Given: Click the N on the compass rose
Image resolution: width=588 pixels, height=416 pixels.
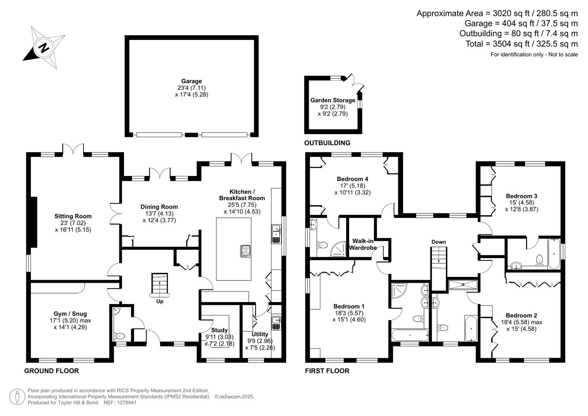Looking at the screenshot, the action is click(x=44, y=48).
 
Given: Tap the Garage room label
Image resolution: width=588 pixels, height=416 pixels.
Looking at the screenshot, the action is click(x=191, y=81).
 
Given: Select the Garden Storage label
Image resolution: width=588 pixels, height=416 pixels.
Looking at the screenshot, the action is click(x=333, y=100).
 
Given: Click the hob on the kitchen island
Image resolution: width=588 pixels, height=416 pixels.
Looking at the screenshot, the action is click(x=245, y=251).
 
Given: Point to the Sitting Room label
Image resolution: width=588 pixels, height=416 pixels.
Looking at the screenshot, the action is click(x=73, y=216).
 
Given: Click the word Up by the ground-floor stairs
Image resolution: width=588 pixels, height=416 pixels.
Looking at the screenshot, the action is click(x=159, y=301).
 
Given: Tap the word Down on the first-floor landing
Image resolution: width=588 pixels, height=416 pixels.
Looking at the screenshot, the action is click(x=439, y=242).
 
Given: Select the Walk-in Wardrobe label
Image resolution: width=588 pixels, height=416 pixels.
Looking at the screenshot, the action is click(x=363, y=244).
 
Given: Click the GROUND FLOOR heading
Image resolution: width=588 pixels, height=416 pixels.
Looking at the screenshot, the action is click(x=52, y=371).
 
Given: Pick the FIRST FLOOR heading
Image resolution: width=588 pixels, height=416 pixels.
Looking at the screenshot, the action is click(x=327, y=371).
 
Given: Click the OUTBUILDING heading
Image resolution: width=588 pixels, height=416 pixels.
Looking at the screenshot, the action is click(x=327, y=143).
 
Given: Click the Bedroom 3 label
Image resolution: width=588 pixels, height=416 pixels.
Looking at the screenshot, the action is click(x=522, y=196).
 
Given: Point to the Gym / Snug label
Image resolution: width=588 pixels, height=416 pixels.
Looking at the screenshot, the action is click(x=70, y=314).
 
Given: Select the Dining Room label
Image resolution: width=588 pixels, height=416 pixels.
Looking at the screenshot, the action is click(x=159, y=207).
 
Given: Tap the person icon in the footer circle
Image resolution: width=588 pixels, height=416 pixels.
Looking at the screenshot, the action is click(x=17, y=397).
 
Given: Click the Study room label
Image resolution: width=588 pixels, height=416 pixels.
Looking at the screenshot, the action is click(x=219, y=330).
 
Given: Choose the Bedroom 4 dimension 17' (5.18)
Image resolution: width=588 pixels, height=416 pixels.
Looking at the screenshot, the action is click(x=353, y=186).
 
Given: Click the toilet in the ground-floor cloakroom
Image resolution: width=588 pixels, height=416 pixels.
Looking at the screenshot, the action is click(x=119, y=335).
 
